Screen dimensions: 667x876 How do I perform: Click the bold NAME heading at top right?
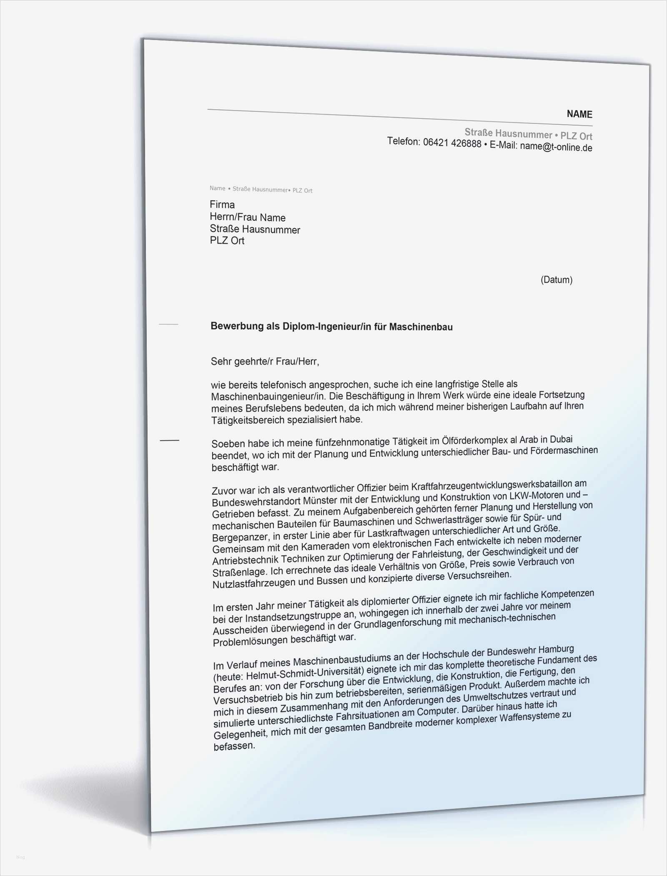point(579,114)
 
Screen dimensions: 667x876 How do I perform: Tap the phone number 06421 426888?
point(452,143)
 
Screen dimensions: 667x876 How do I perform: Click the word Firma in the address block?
point(222,204)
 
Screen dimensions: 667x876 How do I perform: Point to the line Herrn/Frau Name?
point(248,217)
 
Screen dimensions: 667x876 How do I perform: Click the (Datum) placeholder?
point(556,279)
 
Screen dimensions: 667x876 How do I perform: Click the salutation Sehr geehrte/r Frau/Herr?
point(265,361)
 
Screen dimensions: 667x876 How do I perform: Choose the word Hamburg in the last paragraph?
point(556,649)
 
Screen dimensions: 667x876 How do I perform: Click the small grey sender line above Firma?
point(261,189)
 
